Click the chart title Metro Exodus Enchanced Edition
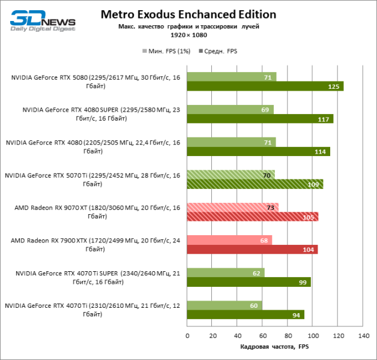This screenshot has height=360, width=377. [188, 14]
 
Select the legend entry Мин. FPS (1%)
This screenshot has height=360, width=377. [165, 51]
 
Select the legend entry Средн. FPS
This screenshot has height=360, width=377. [217, 51]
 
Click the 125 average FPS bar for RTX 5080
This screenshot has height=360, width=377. [265, 86]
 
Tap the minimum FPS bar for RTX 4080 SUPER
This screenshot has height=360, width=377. [230, 109]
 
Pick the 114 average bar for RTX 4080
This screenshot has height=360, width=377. [258, 151]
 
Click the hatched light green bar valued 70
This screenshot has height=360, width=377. [231, 175]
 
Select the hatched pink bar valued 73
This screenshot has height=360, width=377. [232, 208]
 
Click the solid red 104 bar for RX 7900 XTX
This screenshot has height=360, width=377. [252, 250]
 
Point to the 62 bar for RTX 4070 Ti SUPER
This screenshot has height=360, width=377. [226, 273]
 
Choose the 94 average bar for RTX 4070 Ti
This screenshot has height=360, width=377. [246, 314]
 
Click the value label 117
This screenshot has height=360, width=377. [324, 119]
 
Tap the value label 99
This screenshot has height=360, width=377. [301, 282]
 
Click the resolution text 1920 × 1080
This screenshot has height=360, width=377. [188, 35]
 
